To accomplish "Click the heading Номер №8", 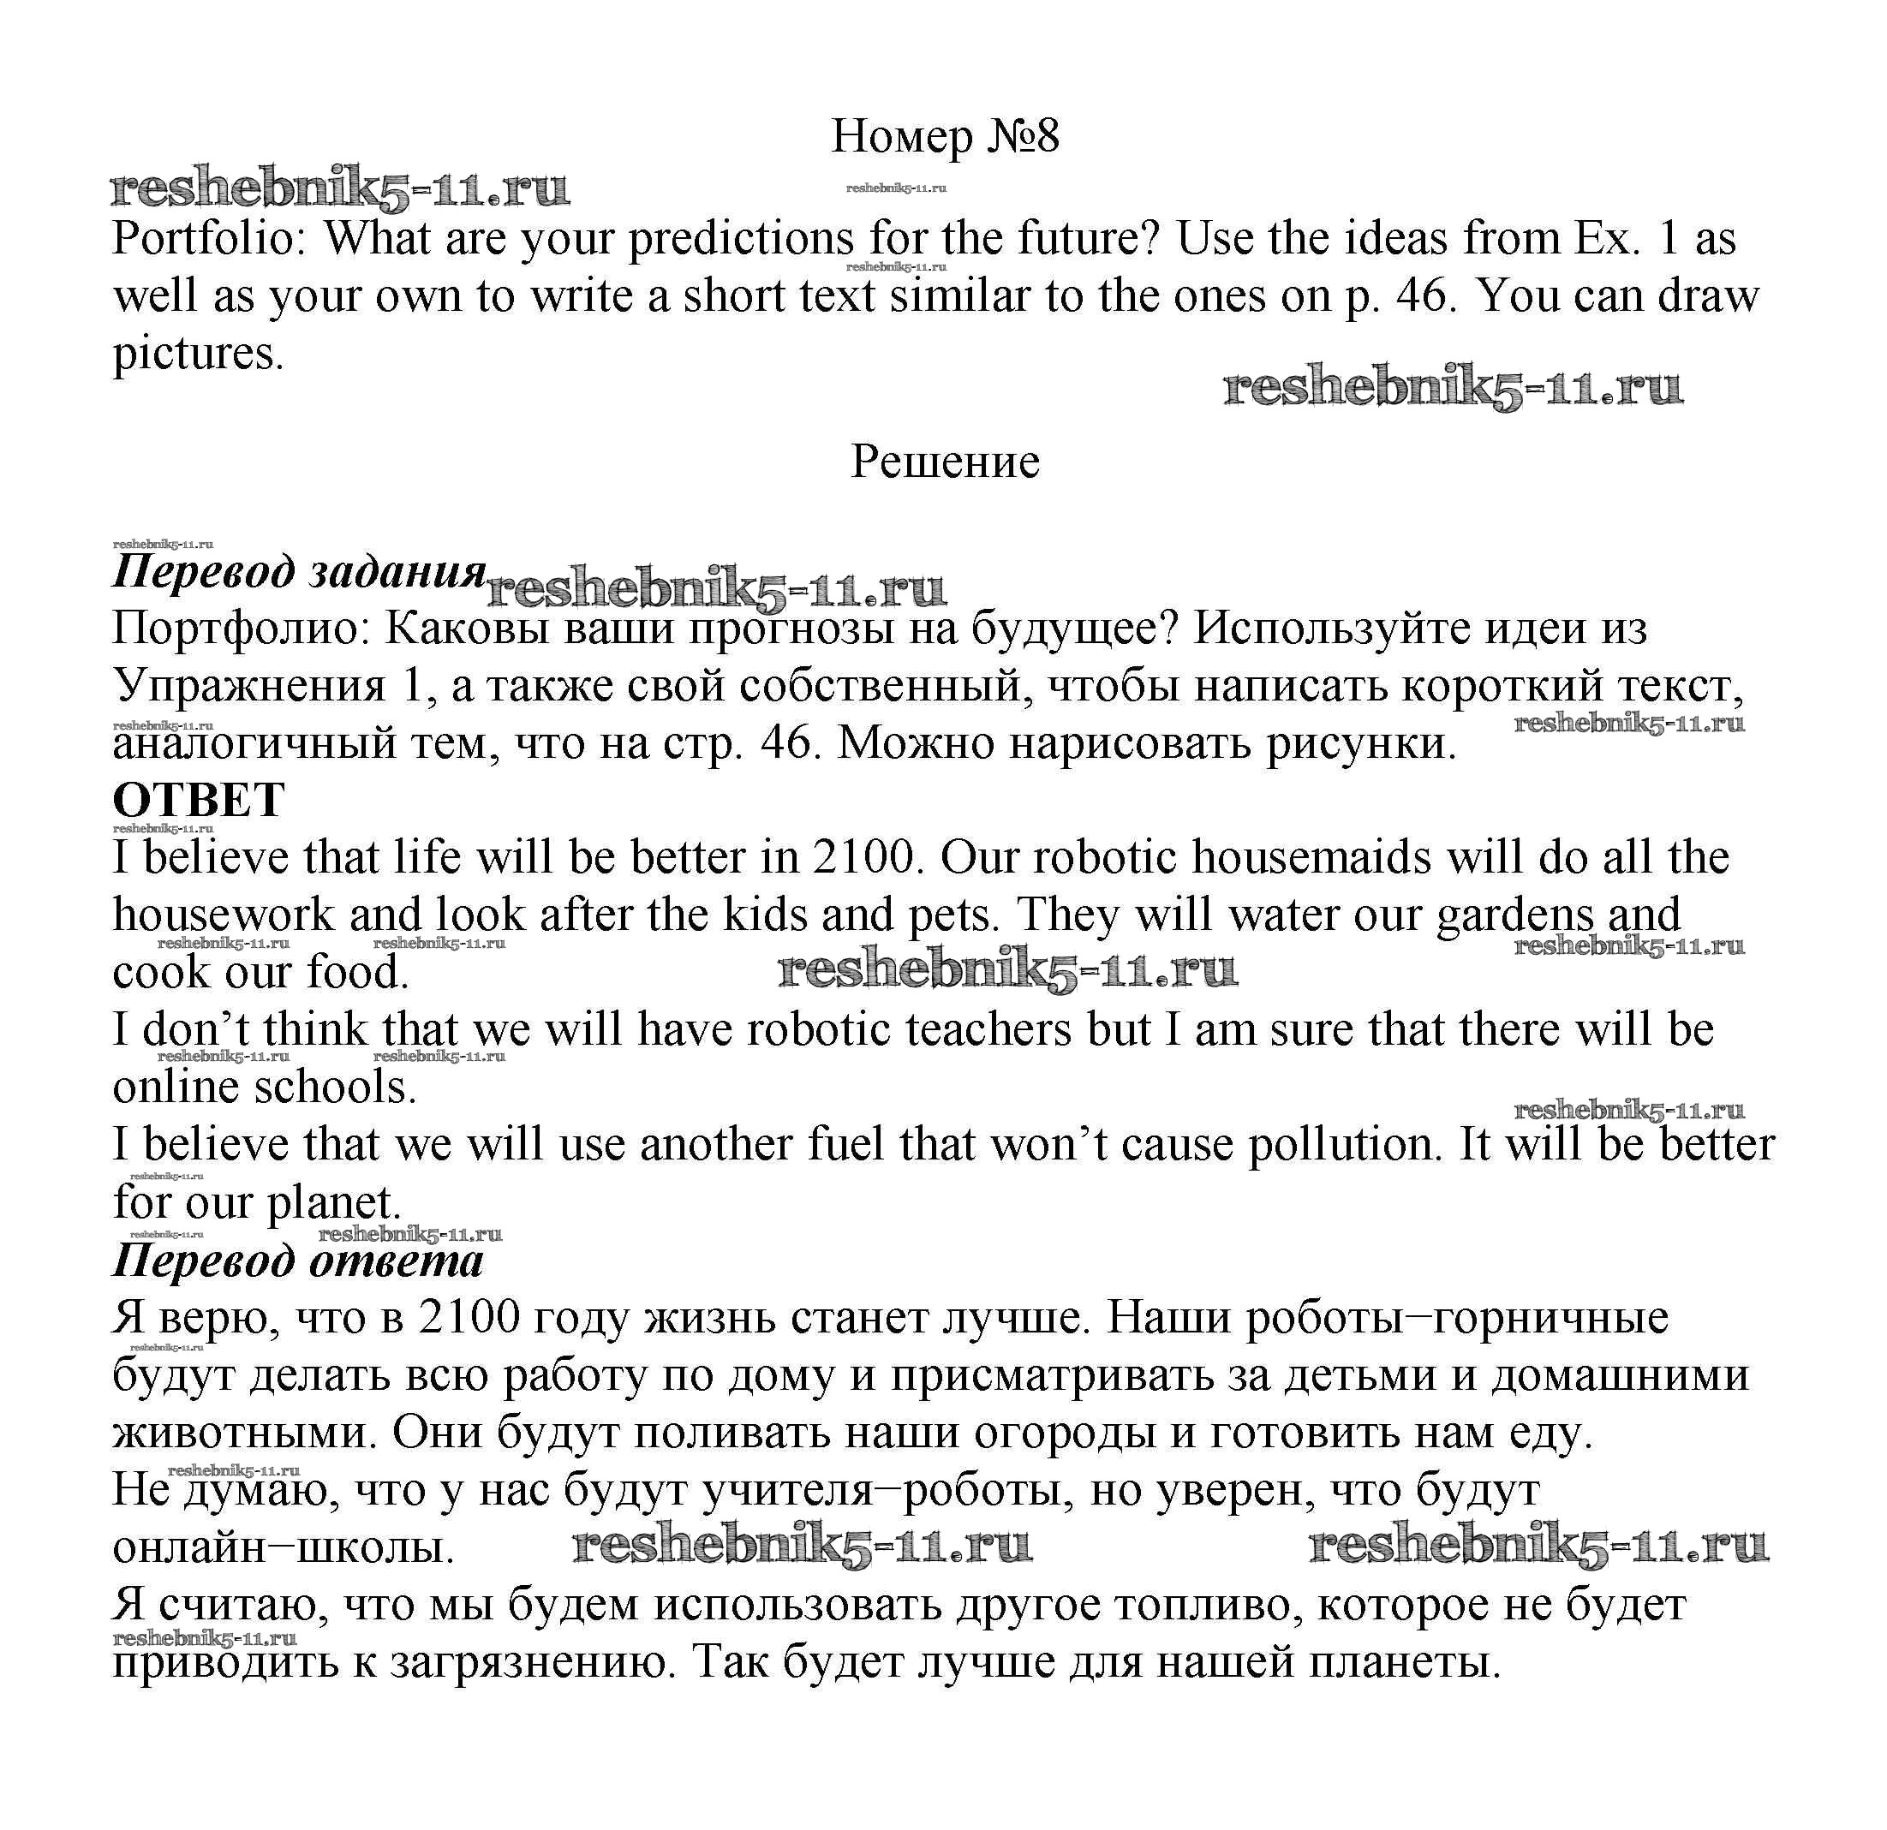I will (x=945, y=137).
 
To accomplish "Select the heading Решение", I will (x=945, y=462).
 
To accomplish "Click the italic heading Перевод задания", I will (x=298, y=572).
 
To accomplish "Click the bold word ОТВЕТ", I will (x=199, y=800).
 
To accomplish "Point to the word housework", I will (x=224, y=915).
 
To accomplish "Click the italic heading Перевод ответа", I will (x=297, y=1261).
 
